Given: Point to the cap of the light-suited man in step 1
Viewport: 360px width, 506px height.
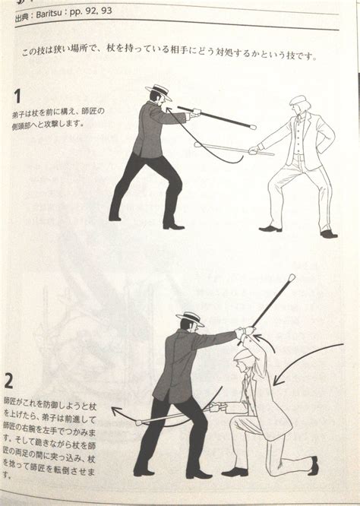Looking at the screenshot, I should click(x=298, y=100).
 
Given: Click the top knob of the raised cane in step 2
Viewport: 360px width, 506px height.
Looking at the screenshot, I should click(x=291, y=280).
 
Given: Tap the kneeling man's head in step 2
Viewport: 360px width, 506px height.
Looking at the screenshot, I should click(x=245, y=359).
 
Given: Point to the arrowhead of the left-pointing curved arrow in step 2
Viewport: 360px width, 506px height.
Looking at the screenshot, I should click(x=115, y=410).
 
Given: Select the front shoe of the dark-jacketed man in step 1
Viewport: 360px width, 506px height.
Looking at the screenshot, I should click(x=174, y=226).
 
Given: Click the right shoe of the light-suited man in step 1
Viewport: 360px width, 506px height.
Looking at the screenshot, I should click(x=328, y=233).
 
